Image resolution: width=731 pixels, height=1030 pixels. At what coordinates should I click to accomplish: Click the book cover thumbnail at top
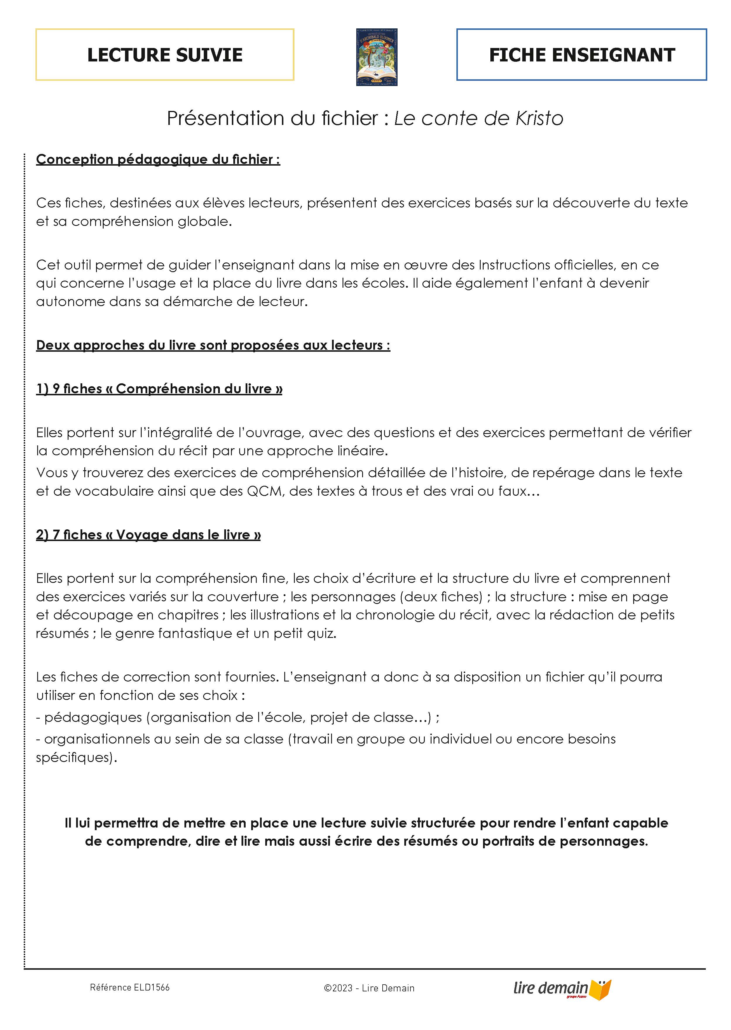click(x=377, y=57)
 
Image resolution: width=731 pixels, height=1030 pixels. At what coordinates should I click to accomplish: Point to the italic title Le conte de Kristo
click(x=478, y=118)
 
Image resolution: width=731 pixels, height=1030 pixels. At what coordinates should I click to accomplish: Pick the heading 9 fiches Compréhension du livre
click(x=159, y=389)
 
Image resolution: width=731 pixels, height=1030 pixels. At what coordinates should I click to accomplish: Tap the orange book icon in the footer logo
click(x=601, y=989)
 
